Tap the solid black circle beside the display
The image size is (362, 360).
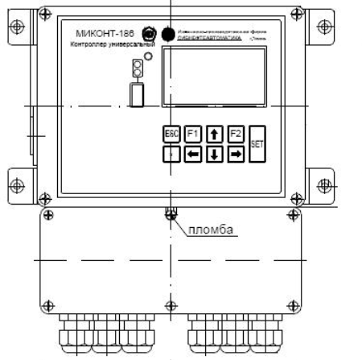168,35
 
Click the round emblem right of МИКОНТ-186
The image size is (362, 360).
148,34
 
